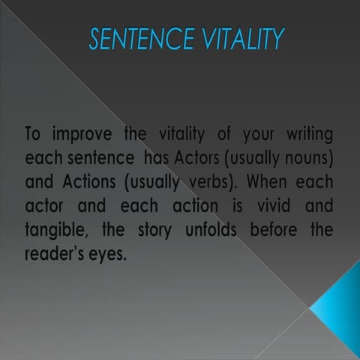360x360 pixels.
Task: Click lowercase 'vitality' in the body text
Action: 184,136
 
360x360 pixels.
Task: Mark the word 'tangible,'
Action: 54,230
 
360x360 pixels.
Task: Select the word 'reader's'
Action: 55,253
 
